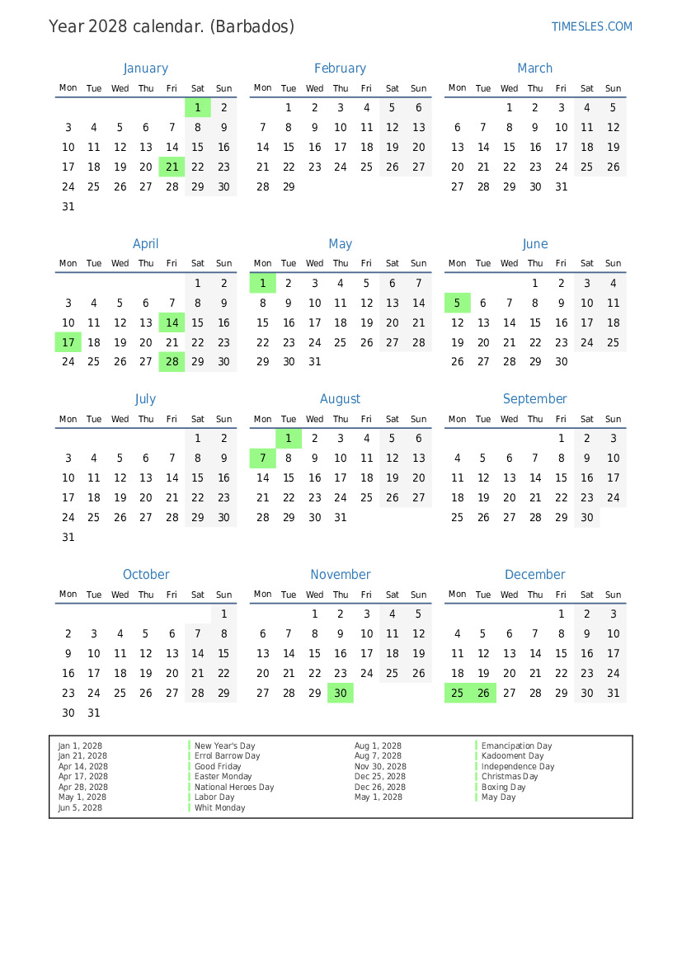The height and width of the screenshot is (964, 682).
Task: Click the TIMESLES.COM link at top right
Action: click(591, 26)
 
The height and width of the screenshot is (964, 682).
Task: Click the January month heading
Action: click(145, 68)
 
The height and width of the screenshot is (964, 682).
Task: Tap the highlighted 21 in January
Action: click(172, 167)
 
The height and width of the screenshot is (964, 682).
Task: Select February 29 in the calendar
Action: click(289, 187)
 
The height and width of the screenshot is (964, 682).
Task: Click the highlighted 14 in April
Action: click(172, 323)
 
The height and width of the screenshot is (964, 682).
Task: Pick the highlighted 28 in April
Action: click(172, 361)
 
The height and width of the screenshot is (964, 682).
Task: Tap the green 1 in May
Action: click(262, 284)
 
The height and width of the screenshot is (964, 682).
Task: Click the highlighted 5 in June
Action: click(457, 303)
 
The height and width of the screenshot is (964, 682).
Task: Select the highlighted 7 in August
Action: click(262, 458)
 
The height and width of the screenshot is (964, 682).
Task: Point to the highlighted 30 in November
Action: click(341, 694)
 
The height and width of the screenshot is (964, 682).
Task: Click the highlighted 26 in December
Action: click(483, 694)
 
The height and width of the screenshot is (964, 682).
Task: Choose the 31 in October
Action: click(94, 713)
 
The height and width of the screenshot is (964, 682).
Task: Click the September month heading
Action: click(534, 399)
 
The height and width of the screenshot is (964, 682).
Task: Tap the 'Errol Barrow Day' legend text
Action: click(227, 756)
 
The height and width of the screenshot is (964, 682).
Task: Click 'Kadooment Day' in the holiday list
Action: click(512, 756)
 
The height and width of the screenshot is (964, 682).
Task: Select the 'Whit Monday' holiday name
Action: click(219, 808)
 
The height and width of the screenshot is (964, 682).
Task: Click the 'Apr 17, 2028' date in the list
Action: click(82, 777)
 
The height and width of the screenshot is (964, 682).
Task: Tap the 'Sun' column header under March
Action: click(613, 88)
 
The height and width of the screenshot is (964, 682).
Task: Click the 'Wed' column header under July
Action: click(120, 419)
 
